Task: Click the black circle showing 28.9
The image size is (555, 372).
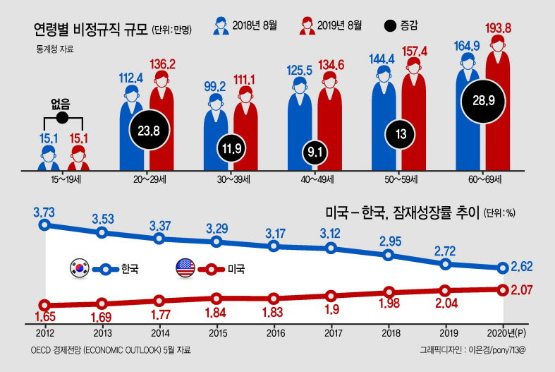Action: pyautogui.click(x=483, y=102)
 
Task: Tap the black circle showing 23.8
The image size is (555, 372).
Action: pyautogui.click(x=149, y=131)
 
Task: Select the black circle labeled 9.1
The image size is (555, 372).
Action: pyautogui.click(x=315, y=152)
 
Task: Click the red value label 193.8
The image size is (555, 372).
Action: pyautogui.click(x=498, y=28)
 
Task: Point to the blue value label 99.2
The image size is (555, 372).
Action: pyautogui.click(x=214, y=86)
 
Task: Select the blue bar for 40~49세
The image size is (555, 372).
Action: pyautogui.click(x=300, y=124)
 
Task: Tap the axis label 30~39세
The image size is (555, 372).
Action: pyautogui.click(x=233, y=179)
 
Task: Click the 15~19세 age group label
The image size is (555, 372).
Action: pyautogui.click(x=66, y=179)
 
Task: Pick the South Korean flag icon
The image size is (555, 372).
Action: pyautogui.click(x=79, y=268)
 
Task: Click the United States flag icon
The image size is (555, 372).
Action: pyautogui.click(x=185, y=268)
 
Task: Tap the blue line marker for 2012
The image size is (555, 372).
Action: pyautogui.click(x=44, y=224)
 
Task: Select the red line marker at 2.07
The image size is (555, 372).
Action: pyautogui.click(x=503, y=290)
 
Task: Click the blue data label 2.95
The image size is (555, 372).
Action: pyautogui.click(x=391, y=241)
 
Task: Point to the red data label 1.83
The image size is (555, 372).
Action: pyautogui.click(x=272, y=312)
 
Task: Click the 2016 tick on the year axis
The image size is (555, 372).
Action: pyautogui.click(x=276, y=333)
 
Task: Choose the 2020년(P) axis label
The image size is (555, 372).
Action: pyautogui.click(x=506, y=333)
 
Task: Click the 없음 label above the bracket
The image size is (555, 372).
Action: pyautogui.click(x=61, y=104)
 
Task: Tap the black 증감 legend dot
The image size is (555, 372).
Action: pyautogui.click(x=390, y=26)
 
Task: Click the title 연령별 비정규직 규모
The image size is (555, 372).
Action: pyautogui.click(x=90, y=29)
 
